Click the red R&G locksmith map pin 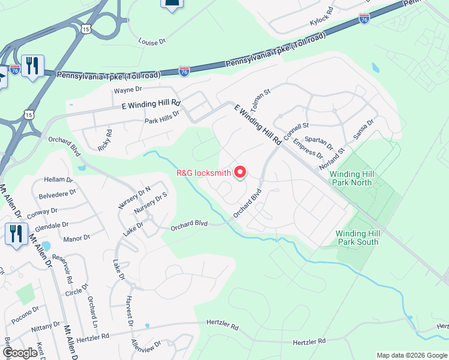[x=240, y=172]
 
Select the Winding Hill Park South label [x=357, y=238]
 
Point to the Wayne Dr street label [x=127, y=89]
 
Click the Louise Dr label [x=151, y=42]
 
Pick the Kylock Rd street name [x=321, y=17]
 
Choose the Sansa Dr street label [x=364, y=129]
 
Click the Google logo [x=20, y=353]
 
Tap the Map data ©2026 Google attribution [x=412, y=355]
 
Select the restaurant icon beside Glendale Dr [x=16, y=232]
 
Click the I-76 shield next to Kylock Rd [x=364, y=19]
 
